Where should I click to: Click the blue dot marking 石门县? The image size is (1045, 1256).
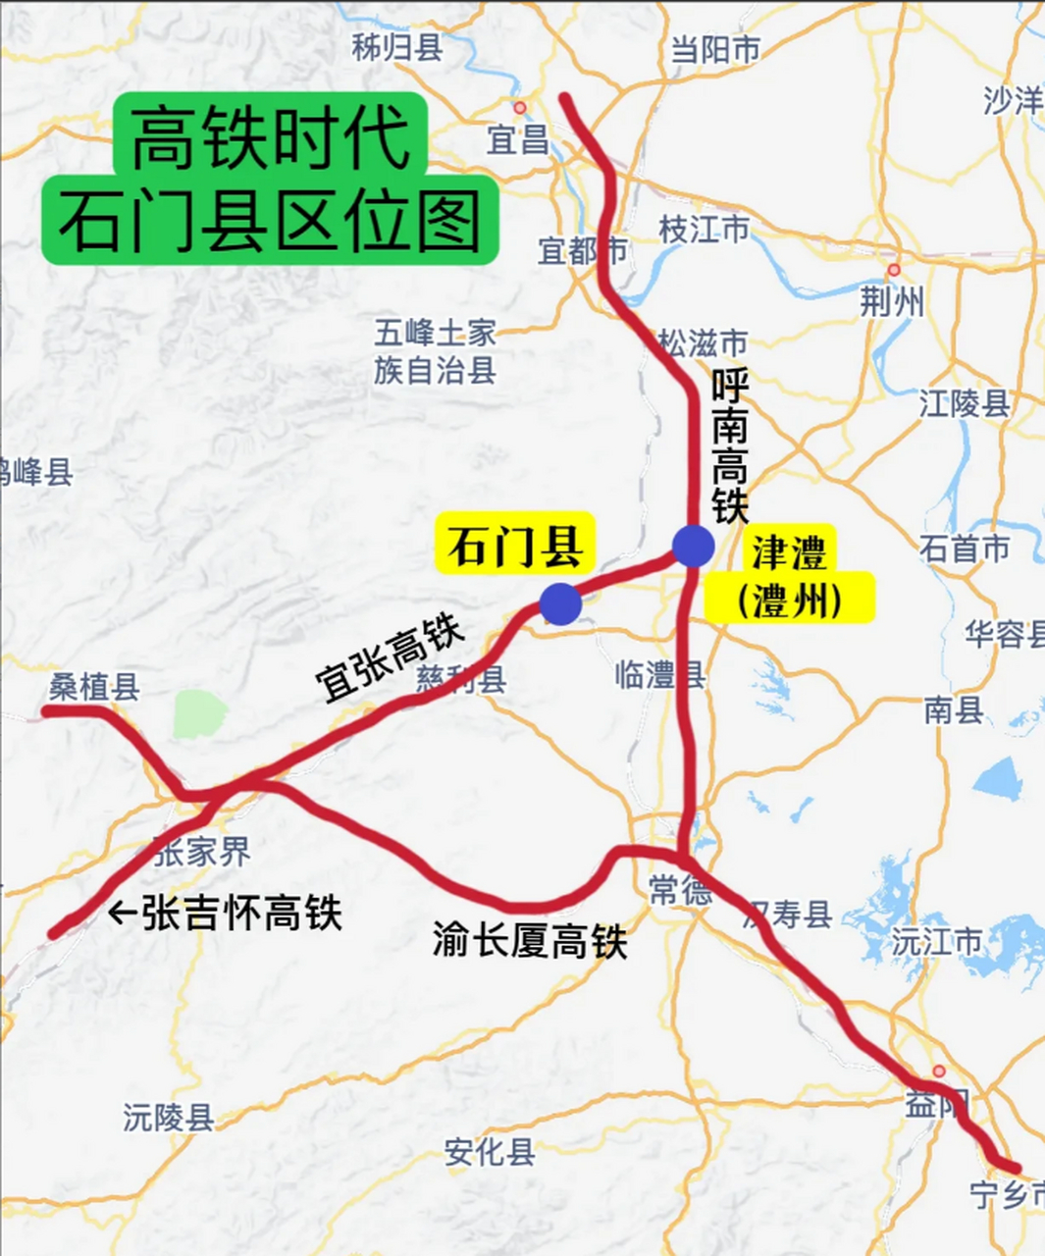560,603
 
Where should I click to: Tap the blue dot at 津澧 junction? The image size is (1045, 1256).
693,546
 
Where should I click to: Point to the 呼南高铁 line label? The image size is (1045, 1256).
730,446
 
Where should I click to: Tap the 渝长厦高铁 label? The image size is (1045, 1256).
530,941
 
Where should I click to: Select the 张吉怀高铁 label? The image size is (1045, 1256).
241,914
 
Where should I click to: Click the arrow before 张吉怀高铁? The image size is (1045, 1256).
122,914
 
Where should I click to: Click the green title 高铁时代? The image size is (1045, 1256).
270,137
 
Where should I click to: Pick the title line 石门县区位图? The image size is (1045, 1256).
270,221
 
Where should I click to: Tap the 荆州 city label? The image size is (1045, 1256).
892,301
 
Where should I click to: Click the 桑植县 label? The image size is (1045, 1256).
94,687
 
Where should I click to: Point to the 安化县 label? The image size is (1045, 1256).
490,1151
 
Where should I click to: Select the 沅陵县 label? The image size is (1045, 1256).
169,1117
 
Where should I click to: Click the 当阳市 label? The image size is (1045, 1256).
714,49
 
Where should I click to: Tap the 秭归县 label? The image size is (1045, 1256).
397,46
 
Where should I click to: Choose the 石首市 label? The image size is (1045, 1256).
965,549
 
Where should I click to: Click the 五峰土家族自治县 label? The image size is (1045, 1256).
435,351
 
